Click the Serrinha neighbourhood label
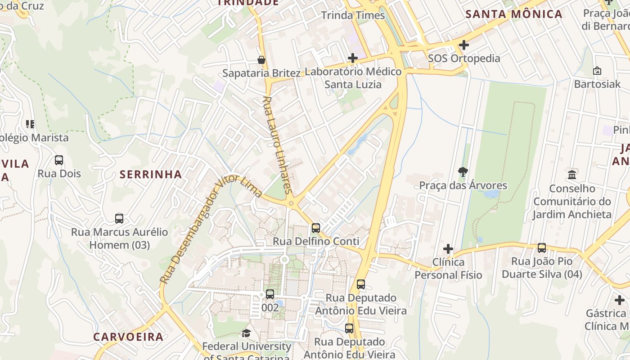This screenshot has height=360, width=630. pyautogui.click(x=151, y=175)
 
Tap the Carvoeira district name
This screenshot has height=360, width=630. pyautogui.click(x=128, y=337)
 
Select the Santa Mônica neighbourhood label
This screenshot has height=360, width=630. pyautogui.click(x=514, y=14)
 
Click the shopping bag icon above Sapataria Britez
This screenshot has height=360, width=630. pyautogui.click(x=261, y=60)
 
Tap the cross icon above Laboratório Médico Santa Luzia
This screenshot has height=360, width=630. pyautogui.click(x=353, y=58)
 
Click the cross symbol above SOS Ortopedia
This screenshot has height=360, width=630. pyautogui.click(x=464, y=45)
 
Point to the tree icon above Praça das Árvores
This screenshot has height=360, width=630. pyautogui.click(x=463, y=171)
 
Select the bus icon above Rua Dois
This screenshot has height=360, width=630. pyautogui.click(x=59, y=160)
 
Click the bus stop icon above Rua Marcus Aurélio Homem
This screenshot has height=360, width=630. pyautogui.click(x=119, y=219)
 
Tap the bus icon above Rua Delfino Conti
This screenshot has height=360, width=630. pyautogui.click(x=316, y=228)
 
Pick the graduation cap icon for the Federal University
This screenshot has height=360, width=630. pyautogui.click(x=246, y=333)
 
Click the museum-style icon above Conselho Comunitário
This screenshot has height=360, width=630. pyautogui.click(x=572, y=175)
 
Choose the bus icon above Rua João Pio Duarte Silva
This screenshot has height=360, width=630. pyautogui.click(x=542, y=248)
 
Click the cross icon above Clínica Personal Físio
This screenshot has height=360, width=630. pyautogui.click(x=448, y=249)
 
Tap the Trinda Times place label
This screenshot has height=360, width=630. pyautogui.click(x=353, y=15)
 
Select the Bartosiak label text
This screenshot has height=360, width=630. pyautogui.click(x=597, y=84)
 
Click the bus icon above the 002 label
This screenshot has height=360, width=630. pyautogui.click(x=270, y=294)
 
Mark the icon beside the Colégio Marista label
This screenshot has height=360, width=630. pyautogui.click(x=30, y=124)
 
